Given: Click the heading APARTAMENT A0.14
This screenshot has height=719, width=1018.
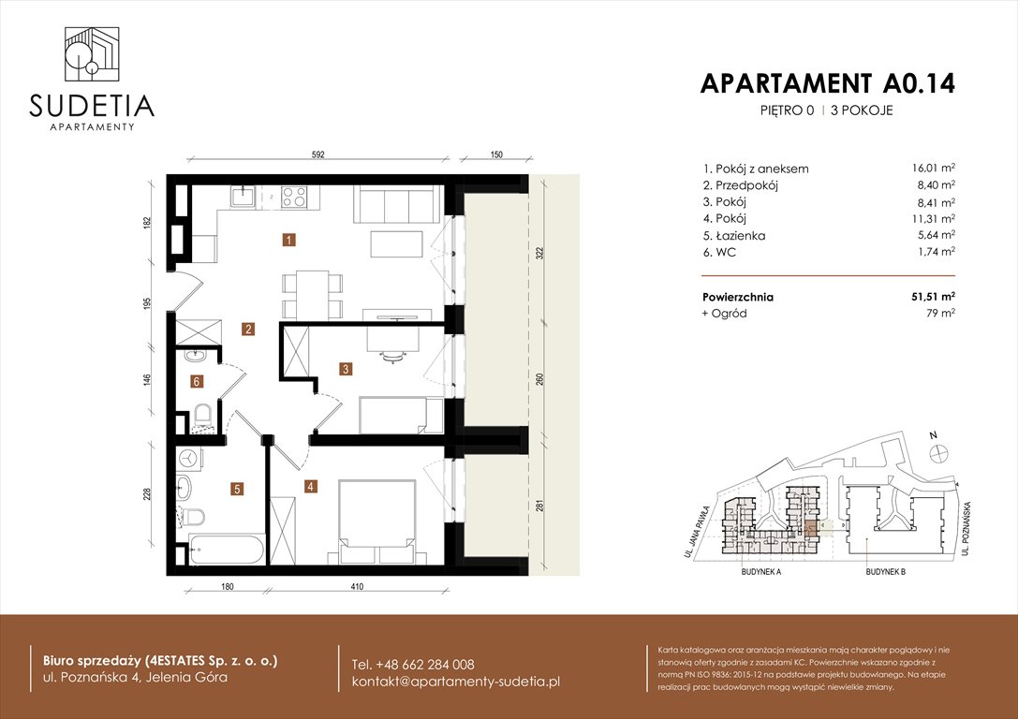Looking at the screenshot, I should coord(827,83).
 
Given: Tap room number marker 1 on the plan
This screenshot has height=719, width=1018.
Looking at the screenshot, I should coord(290,241).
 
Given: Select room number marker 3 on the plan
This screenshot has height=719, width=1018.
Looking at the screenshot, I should coord(346,369).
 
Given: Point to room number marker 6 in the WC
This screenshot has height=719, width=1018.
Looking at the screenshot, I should coord(197,381).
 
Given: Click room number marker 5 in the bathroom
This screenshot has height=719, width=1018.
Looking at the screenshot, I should coord(238,488).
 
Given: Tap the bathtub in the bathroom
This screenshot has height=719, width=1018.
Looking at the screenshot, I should coord(226,550).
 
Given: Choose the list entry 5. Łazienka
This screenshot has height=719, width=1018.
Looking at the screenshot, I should coord(733,236).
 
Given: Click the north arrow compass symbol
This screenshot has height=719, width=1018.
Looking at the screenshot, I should coord(935,450).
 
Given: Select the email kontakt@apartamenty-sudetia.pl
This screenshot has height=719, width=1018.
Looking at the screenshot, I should coord(455,682).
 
